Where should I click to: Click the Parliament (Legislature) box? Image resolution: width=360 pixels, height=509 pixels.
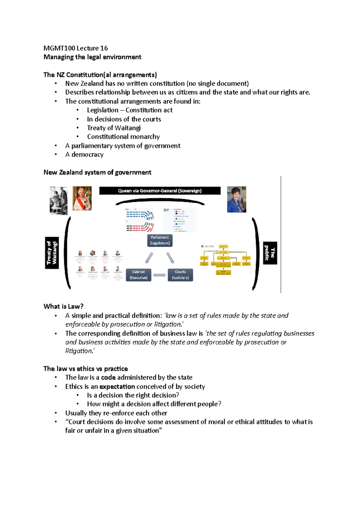pyautogui.click(x=160, y=240)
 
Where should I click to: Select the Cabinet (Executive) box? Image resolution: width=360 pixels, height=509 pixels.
pyautogui.click(x=139, y=275)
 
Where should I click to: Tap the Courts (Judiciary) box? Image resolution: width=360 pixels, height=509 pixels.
pyautogui.click(x=180, y=275)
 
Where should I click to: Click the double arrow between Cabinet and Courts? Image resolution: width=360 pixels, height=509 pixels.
pyautogui.click(x=160, y=275)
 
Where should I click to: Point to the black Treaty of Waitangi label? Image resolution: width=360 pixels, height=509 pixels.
pyautogui.click(x=52, y=253)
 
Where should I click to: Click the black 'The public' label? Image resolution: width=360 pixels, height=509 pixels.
pyautogui.click(x=270, y=253)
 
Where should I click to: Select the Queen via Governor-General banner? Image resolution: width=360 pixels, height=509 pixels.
pyautogui.click(x=160, y=191)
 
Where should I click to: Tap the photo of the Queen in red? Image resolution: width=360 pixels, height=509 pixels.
pyautogui.click(x=82, y=198)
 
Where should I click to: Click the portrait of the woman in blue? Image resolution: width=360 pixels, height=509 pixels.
pyautogui.click(x=236, y=199)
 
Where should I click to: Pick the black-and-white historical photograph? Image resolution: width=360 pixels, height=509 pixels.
pyautogui.click(x=58, y=201)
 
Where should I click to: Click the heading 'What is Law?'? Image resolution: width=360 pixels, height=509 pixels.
pyautogui.click(x=63, y=306)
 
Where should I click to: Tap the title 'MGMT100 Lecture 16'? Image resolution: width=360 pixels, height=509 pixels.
pyautogui.click(x=76, y=48)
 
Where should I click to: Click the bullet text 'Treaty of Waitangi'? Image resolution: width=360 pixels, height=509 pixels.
pyautogui.click(x=114, y=128)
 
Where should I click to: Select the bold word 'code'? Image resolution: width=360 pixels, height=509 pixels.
pyautogui.click(x=108, y=377)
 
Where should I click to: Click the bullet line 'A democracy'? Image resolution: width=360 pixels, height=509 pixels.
pyautogui.click(x=84, y=155)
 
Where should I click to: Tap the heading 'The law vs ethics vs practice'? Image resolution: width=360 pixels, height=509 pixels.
pyautogui.click(x=85, y=369)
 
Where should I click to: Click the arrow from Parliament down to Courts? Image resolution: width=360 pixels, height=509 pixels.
pyautogui.click(x=170, y=257)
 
